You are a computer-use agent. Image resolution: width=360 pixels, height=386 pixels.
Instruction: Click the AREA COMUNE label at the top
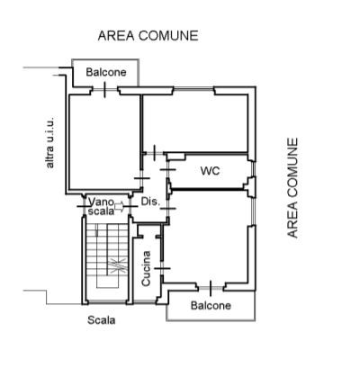pos(148,36)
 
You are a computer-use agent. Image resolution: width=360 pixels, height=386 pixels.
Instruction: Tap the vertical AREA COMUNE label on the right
pos(292,188)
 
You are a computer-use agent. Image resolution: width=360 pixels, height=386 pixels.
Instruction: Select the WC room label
pos(210,171)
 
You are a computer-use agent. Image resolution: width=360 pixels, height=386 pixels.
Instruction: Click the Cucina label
pos(146,268)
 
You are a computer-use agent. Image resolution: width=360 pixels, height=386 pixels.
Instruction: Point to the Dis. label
pos(149,202)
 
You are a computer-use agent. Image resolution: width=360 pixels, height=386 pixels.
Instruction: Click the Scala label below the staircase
pos(102,320)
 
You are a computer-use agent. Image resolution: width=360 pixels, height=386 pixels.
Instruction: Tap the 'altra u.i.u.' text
pos(49,142)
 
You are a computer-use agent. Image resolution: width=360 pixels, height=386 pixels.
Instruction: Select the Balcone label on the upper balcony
pos(106,72)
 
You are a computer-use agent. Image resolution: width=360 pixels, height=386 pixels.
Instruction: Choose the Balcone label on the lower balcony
pos(211,306)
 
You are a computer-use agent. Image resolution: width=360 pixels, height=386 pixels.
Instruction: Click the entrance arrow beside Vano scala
pos(119,206)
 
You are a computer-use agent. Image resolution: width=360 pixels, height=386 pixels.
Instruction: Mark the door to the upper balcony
pos(104,89)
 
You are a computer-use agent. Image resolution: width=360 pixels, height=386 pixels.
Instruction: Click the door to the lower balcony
pos(211,288)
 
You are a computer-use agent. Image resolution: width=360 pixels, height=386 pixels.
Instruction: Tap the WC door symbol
pos(168,170)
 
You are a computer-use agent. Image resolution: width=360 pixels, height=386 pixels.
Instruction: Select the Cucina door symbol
pos(162,268)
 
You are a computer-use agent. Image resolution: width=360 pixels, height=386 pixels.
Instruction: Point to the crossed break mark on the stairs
pos(118,265)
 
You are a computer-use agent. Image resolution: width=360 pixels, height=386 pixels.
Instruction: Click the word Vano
pos(101,201)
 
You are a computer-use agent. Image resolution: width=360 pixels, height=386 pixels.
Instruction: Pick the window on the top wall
pos(193,88)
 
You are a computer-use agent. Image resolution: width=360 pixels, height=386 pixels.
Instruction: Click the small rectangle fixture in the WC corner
pos(176,157)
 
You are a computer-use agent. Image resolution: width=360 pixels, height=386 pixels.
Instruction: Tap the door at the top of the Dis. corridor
pos(154,153)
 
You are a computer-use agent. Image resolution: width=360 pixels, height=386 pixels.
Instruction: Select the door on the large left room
pos(142,178)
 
